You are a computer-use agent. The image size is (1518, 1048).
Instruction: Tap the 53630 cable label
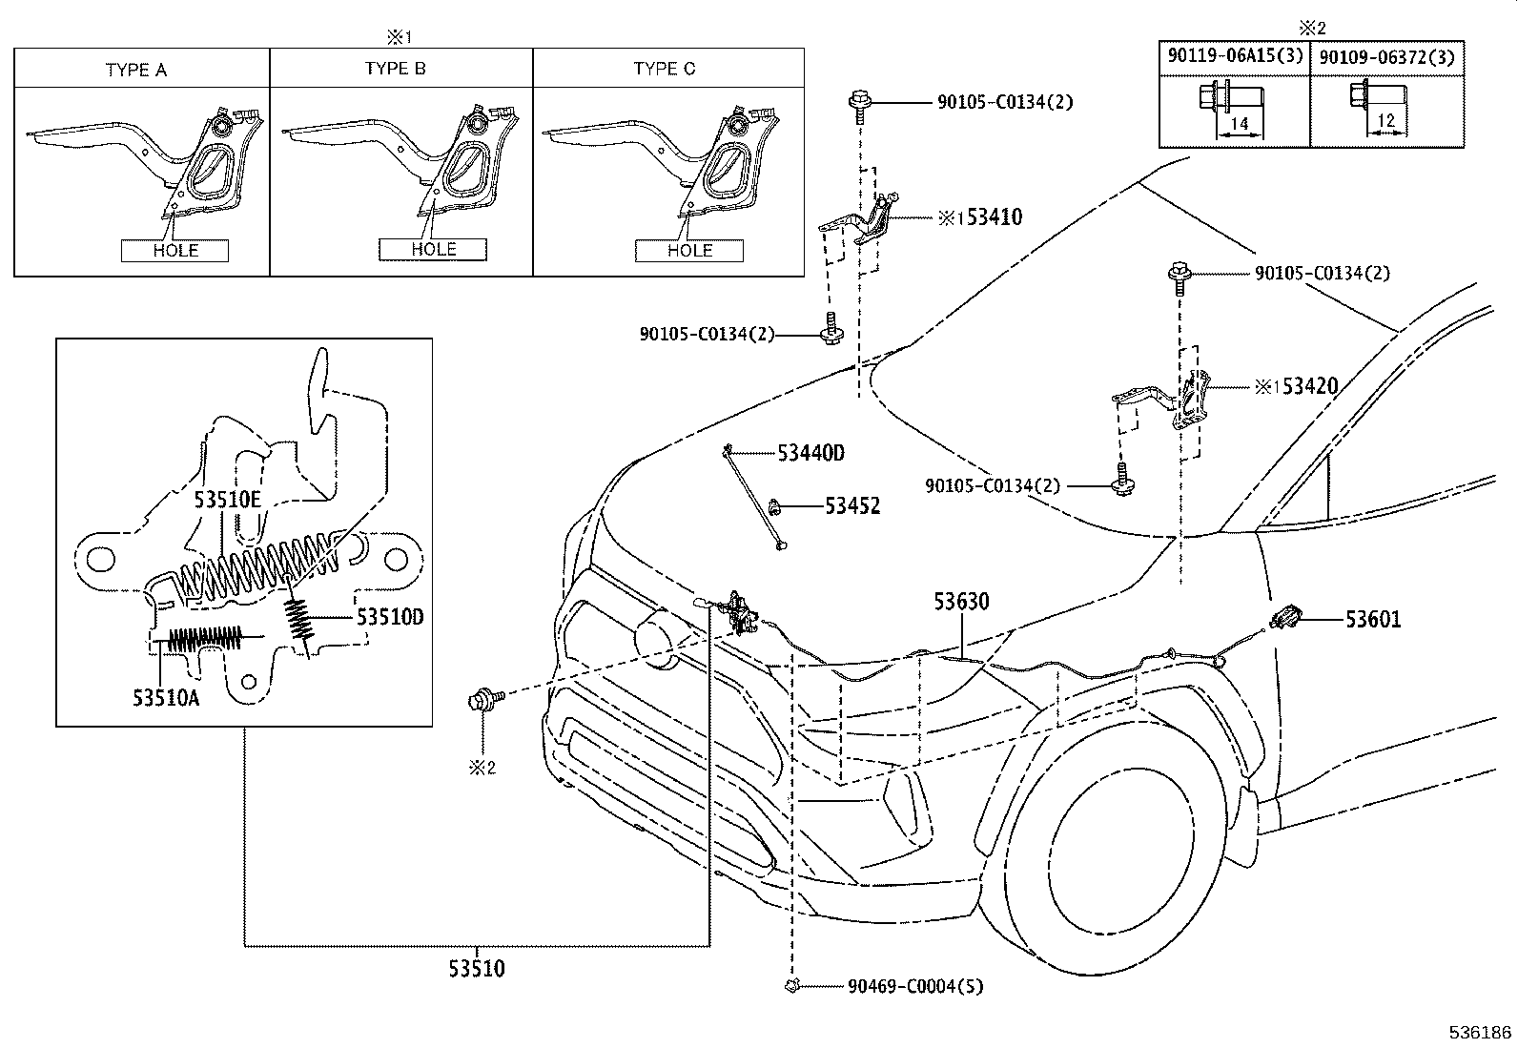[961, 602]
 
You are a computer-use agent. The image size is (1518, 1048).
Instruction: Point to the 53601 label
[1373, 620]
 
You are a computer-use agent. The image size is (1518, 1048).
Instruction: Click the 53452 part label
[852, 505]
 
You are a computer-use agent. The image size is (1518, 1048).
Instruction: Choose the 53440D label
[810, 453]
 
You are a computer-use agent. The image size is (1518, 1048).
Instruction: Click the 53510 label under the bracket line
[477, 969]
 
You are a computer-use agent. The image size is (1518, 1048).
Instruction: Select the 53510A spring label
[166, 698]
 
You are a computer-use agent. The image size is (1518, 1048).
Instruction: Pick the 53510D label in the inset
[390, 617]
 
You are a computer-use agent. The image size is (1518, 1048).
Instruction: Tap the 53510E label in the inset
[228, 499]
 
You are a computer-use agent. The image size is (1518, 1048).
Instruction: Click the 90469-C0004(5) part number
[914, 986]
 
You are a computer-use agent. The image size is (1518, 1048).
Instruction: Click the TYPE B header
[396, 69]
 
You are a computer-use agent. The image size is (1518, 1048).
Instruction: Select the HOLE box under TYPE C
[689, 250]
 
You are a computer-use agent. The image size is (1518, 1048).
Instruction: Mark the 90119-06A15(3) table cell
[1235, 56]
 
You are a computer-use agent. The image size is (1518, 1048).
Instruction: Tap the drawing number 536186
[1481, 1032]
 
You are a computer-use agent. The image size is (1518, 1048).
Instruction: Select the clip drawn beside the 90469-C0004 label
[790, 986]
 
